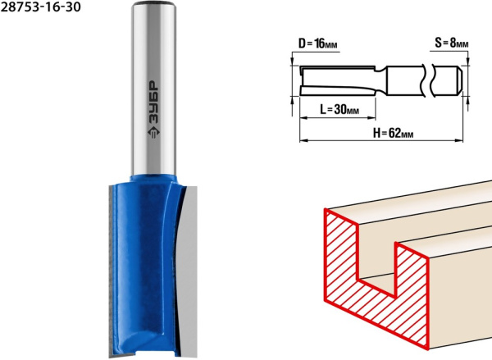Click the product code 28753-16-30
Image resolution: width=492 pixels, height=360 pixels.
40,7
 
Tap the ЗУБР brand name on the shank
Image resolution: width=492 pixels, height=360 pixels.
153,103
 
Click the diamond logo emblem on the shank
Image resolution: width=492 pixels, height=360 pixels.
153,132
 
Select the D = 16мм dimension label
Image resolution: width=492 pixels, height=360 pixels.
317,43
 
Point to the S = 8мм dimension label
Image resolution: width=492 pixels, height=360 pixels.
452,43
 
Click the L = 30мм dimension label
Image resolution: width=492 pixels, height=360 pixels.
339,110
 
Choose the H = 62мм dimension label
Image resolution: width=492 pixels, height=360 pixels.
393,133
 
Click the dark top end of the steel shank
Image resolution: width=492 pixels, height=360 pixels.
153,3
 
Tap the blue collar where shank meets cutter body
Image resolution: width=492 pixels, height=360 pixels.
154,180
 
